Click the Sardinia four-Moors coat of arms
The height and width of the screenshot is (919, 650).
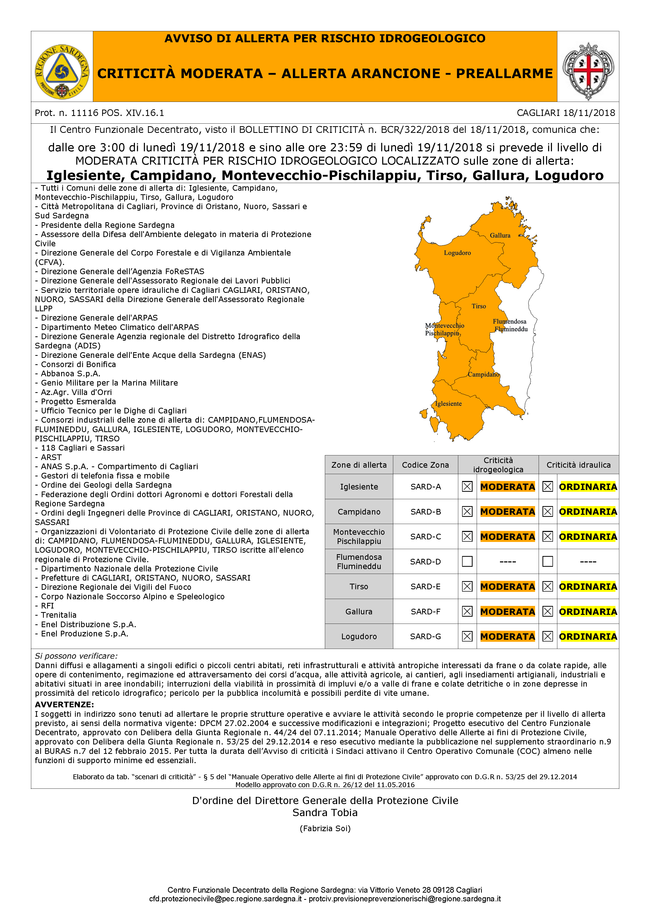[588, 71]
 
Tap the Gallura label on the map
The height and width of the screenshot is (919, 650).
[500, 235]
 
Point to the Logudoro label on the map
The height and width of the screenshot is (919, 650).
[457, 253]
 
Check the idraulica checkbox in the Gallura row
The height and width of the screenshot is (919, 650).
[548, 611]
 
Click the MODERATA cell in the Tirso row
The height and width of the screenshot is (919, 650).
[507, 586]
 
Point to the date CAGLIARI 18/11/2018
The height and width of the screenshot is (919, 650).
[566, 113]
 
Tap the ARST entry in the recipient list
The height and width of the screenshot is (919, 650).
[51, 457]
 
